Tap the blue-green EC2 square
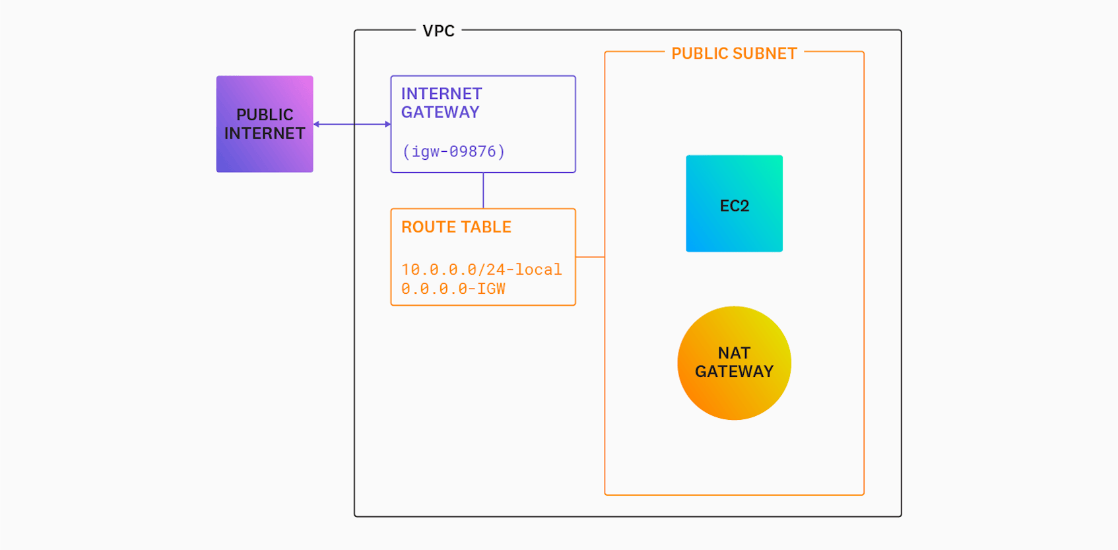734,203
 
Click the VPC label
438,31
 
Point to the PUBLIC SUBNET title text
734,53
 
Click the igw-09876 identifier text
453,152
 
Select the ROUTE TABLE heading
456,227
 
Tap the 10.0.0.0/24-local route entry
481,269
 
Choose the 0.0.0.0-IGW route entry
453,289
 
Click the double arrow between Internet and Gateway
352,124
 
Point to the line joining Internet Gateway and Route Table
483,191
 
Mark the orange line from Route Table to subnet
590,257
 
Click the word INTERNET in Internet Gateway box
442,94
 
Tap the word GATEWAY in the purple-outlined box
440,112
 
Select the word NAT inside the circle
734,353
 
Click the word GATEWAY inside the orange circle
734,372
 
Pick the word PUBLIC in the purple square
265,115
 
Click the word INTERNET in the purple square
265,133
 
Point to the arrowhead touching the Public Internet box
317,124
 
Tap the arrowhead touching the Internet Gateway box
387,124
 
